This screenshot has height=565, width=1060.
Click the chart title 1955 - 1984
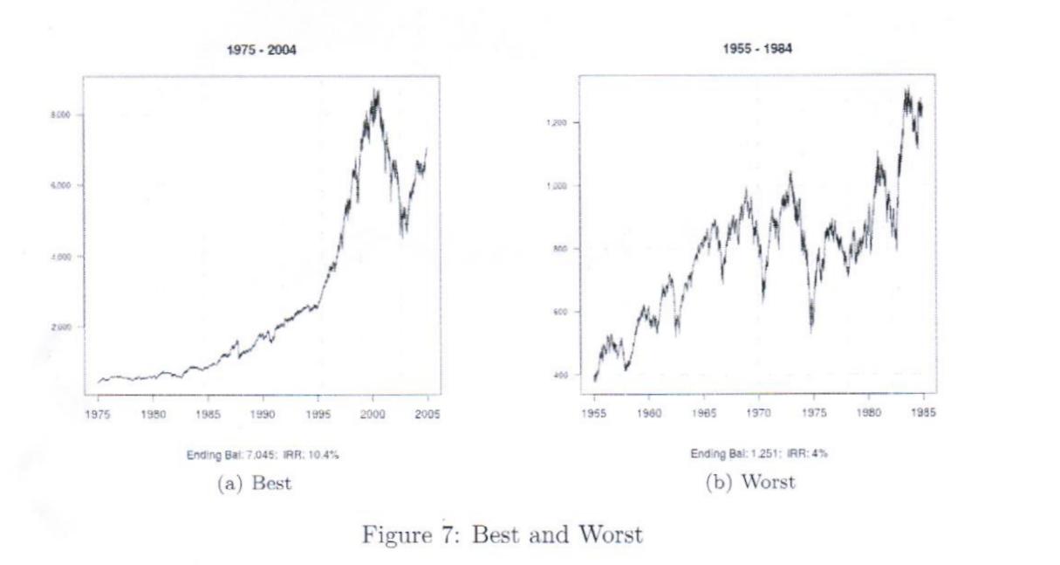point(758,50)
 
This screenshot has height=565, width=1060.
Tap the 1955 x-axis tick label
point(594,413)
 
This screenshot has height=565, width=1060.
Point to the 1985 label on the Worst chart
point(921,413)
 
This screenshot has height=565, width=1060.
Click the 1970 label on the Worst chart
point(759,413)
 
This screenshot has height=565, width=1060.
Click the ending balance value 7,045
point(249,453)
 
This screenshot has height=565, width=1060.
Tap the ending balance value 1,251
point(746,453)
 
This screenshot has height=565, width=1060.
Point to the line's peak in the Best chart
point(375,89)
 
